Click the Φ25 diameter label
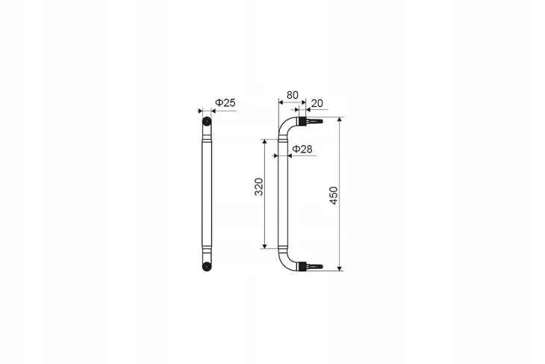(225, 102)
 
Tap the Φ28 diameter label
(302, 149)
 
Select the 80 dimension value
(293, 95)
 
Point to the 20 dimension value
(317, 103)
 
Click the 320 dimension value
(259, 187)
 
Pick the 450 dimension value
(333, 196)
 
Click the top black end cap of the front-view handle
(207, 121)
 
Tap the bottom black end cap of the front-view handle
(207, 267)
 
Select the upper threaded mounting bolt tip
(319, 121)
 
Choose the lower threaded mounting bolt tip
(319, 267)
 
